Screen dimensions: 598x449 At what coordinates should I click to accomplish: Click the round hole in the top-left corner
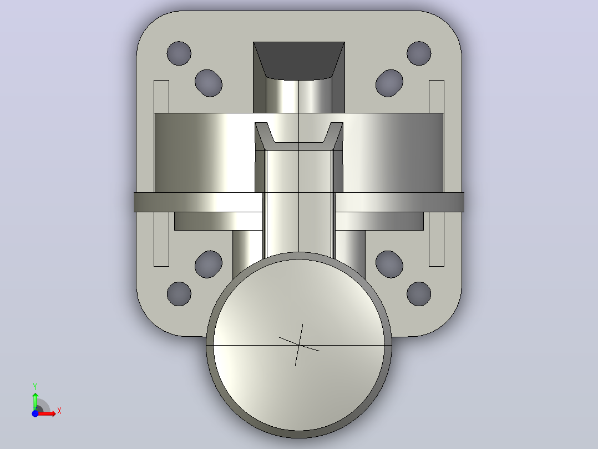click(179, 53)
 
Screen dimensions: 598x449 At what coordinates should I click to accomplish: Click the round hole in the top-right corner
click(419, 53)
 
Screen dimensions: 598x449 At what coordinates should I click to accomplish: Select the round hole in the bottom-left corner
click(179, 294)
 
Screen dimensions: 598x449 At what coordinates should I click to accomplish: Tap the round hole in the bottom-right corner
click(419, 294)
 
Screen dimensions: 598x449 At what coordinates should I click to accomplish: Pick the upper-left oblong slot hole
click(209, 83)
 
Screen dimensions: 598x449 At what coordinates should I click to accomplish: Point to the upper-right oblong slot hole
click(389, 83)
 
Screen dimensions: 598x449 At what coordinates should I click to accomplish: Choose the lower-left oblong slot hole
click(209, 264)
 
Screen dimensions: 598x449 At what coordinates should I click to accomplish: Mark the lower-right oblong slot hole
click(389, 264)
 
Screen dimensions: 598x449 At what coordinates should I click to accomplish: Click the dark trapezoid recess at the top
click(299, 59)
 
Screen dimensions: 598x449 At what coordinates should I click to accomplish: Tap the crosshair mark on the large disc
click(300, 345)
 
